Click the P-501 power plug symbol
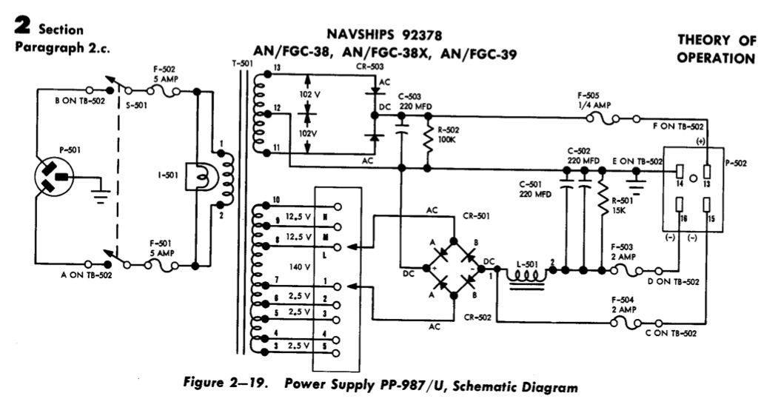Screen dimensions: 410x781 click(56, 178)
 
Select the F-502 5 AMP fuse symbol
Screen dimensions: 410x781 click(163, 91)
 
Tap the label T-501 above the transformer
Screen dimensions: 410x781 click(242, 64)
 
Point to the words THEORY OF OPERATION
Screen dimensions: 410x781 click(716, 49)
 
